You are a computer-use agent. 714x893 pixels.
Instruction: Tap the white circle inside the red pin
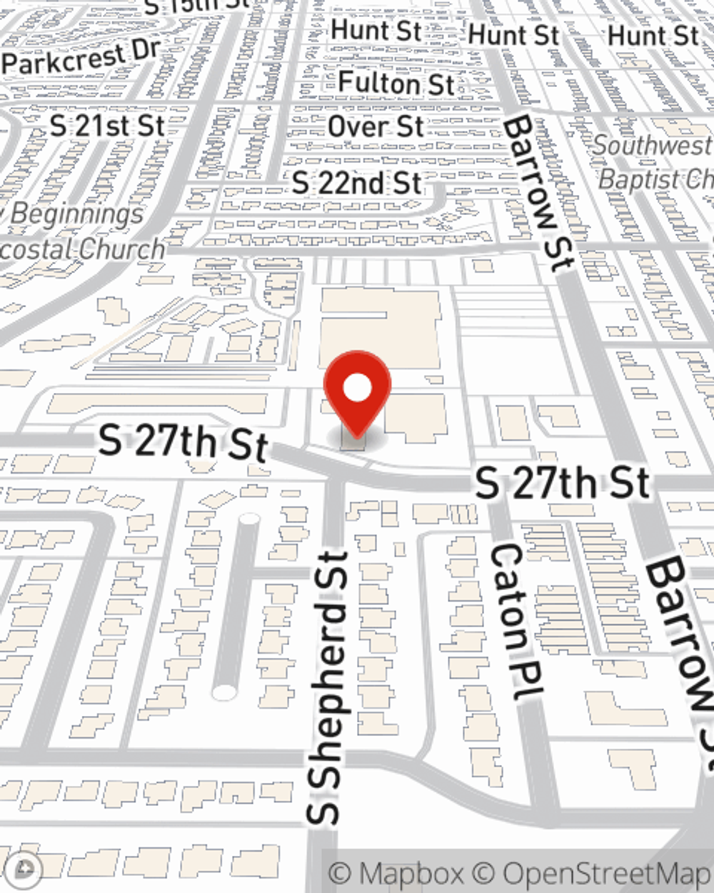click(x=358, y=389)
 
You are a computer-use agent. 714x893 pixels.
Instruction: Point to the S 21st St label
click(x=108, y=126)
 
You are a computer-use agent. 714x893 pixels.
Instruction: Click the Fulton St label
click(x=396, y=83)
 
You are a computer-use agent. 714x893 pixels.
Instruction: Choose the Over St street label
click(x=376, y=126)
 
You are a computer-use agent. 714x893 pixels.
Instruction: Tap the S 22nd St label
click(x=356, y=183)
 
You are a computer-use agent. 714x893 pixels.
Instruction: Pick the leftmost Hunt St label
click(x=376, y=31)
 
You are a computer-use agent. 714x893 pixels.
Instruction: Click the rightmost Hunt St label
click(x=653, y=35)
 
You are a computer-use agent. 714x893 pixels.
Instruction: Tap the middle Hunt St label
click(x=513, y=34)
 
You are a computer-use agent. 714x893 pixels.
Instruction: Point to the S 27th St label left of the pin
click(x=183, y=442)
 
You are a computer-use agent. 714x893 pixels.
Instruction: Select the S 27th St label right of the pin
click(x=563, y=484)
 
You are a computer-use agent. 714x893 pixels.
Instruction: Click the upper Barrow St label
click(x=537, y=193)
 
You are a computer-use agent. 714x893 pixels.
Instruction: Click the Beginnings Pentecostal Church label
click(x=79, y=231)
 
